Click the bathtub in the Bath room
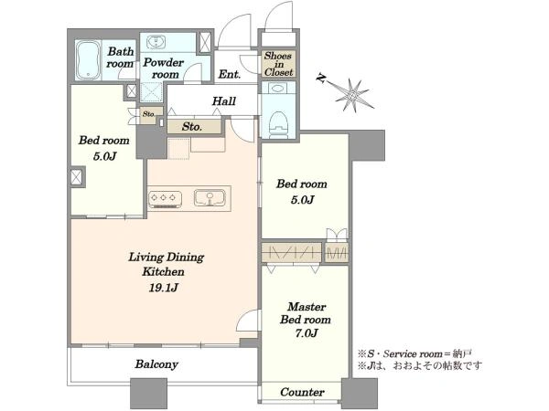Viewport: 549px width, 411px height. (x=89, y=60)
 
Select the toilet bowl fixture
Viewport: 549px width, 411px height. (x=278, y=125)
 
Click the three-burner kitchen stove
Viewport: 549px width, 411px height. (x=166, y=199)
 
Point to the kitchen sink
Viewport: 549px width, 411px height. (x=210, y=198)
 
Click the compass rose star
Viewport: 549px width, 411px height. (x=353, y=94)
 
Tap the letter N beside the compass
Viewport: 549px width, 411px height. (x=320, y=78)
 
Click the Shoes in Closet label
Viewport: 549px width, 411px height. (x=278, y=64)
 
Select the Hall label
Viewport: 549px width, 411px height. (x=224, y=101)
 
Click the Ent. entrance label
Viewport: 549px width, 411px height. (x=230, y=74)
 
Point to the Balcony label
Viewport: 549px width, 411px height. (x=156, y=364)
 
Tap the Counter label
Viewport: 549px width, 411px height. (x=302, y=392)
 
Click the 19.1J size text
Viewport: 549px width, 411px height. (x=164, y=288)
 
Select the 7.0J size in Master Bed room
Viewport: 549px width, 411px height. (x=306, y=333)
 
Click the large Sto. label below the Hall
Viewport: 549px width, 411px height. (x=192, y=127)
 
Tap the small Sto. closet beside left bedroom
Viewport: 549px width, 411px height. (x=148, y=114)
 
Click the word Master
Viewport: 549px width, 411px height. (x=307, y=307)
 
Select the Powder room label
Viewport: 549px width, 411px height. (x=164, y=68)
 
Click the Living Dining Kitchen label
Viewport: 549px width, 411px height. (x=165, y=264)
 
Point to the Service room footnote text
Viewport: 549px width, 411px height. (x=414, y=354)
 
